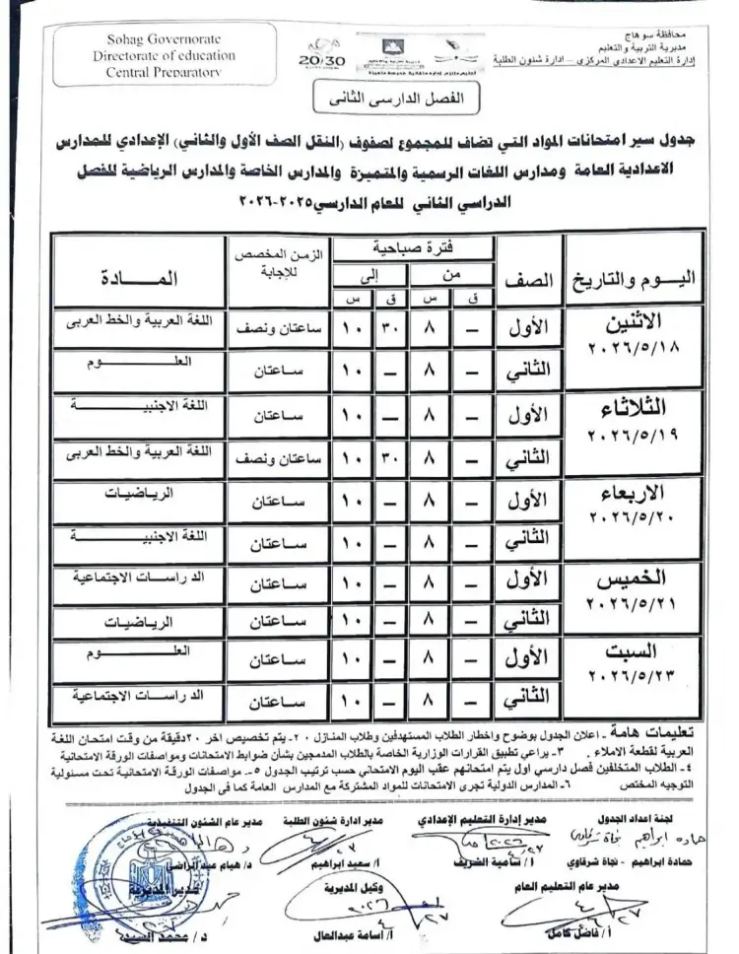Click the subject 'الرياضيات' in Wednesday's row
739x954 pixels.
coord(144,493)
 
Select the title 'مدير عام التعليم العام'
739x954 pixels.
coord(558,886)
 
